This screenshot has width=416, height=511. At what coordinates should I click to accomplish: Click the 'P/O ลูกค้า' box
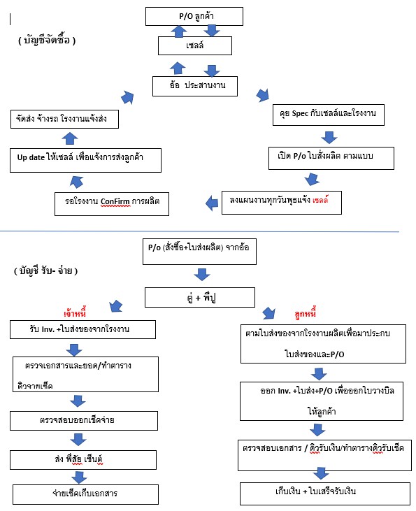point(194,16)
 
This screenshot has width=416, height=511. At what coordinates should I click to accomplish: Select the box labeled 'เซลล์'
point(195,45)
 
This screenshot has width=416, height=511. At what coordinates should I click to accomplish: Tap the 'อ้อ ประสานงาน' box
point(195,86)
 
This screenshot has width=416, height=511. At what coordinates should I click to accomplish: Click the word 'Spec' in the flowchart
point(300,113)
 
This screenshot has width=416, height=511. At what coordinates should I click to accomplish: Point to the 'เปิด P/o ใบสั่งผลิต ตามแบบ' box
point(331,158)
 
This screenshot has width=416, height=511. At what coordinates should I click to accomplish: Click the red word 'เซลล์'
point(320,199)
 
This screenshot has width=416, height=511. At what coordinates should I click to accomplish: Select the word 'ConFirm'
point(115,202)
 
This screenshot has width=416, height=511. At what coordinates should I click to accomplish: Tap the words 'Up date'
point(31,157)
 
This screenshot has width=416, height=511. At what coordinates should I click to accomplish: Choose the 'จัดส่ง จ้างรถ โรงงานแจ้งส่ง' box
point(64,120)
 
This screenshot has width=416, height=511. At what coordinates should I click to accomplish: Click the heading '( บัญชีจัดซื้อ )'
point(47,40)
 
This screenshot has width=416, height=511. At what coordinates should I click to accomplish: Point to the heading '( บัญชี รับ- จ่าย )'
point(45,271)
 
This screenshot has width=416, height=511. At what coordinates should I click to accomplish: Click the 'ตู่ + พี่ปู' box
point(200,297)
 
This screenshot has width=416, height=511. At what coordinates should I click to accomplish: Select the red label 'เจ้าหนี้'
point(75,313)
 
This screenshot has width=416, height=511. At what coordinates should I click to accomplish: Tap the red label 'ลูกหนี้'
point(305,313)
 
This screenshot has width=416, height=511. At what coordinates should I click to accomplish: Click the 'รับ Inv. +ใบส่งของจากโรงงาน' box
point(83,329)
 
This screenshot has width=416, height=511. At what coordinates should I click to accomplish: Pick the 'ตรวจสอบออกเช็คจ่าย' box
point(84,421)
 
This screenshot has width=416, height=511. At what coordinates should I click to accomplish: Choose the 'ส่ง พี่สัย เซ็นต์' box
point(83,460)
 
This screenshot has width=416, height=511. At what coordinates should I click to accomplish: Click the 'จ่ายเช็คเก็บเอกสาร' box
point(85,494)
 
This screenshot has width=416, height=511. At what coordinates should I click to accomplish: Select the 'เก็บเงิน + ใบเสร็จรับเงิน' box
point(325,494)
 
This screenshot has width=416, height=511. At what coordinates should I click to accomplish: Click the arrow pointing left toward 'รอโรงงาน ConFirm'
point(212,203)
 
